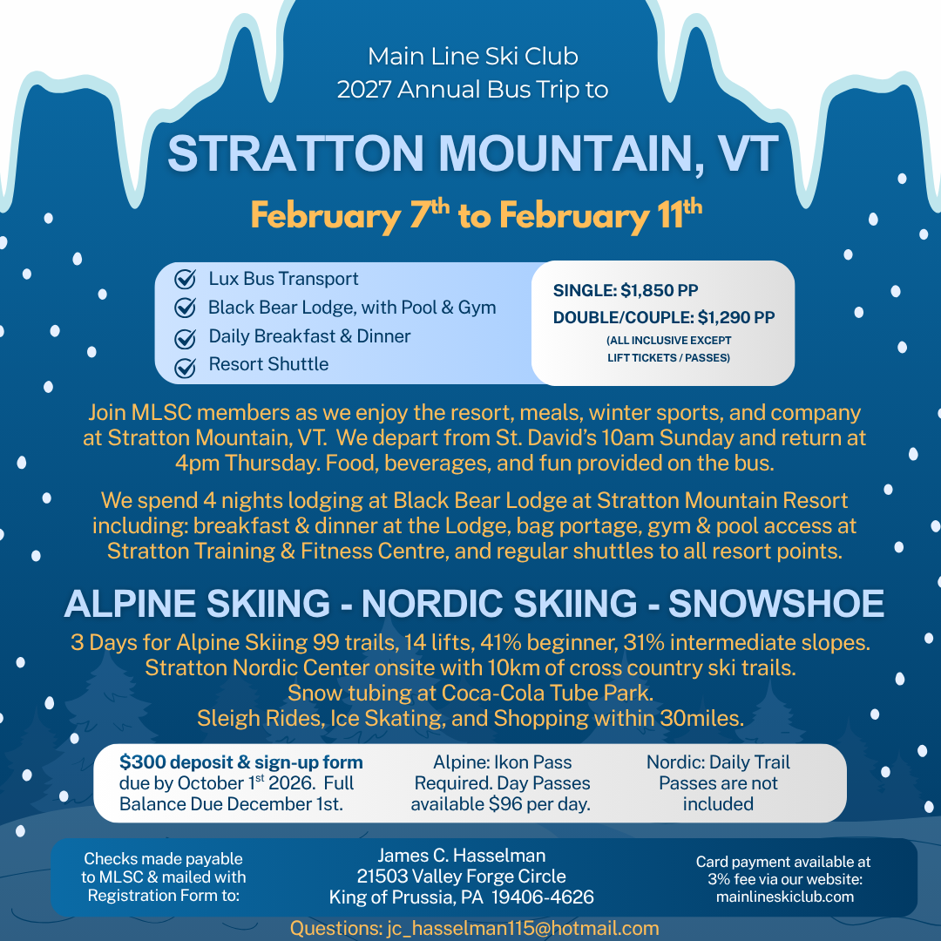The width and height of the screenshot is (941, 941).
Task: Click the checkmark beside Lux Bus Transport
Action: [x=185, y=279]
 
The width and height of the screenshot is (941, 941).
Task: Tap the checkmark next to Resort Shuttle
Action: [x=185, y=368]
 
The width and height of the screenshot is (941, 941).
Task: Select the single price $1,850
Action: [x=647, y=290]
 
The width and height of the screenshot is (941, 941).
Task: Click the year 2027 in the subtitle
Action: [x=363, y=90]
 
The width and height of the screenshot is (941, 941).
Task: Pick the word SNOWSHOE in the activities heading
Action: [x=776, y=603]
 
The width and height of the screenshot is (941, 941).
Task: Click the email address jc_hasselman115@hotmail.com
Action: [x=523, y=929]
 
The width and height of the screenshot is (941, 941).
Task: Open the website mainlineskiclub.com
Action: [x=785, y=897]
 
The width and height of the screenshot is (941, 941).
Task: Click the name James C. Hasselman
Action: [x=462, y=856]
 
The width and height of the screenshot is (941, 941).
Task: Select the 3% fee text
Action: [x=734, y=879]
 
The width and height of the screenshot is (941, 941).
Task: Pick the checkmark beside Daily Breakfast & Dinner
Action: [x=185, y=338]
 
